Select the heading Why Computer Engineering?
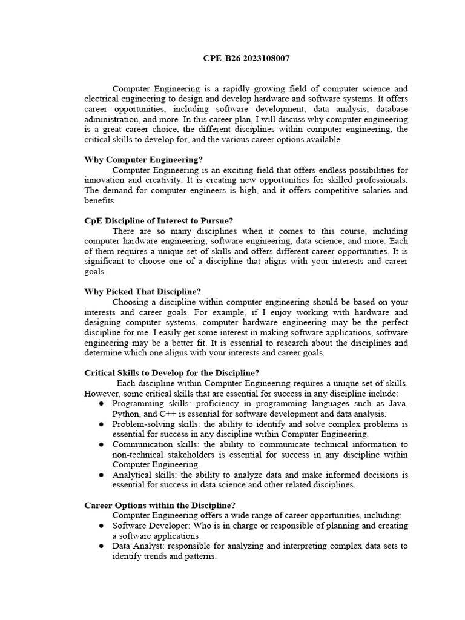point(143,160)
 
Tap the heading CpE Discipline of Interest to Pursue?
point(159,221)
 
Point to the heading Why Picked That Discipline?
point(142,291)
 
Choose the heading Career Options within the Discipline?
point(160,505)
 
